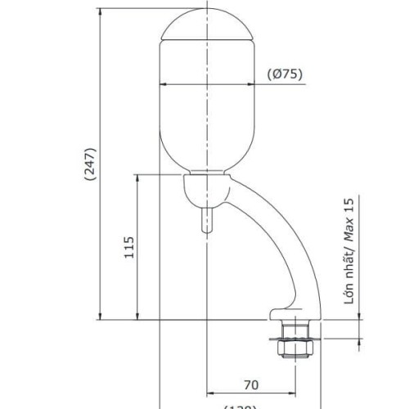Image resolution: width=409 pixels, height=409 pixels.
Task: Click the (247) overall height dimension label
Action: (90, 169)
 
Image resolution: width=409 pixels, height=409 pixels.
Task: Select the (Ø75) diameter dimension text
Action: (285, 74)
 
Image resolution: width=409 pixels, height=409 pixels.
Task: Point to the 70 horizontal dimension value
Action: (251, 384)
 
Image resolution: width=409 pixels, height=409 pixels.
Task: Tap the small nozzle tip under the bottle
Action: (206, 221)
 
